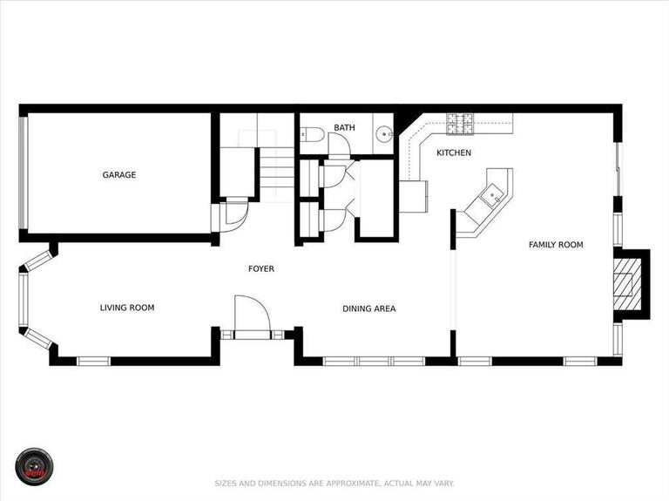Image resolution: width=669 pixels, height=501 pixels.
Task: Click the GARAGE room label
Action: [119, 175]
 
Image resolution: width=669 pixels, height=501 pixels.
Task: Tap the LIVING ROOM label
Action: [127, 308]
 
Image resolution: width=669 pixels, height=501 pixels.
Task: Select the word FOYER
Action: [261, 269]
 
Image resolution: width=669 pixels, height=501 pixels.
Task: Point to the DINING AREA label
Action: [368, 308]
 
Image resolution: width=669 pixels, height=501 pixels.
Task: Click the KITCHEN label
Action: [454, 153]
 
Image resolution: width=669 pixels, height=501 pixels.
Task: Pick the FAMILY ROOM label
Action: [556, 245]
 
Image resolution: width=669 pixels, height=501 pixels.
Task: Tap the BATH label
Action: [344, 128]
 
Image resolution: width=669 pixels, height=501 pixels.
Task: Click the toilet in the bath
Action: [313, 134]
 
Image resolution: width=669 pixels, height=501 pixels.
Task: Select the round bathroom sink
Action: [384, 134]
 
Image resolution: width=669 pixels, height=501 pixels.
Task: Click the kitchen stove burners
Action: [460, 124]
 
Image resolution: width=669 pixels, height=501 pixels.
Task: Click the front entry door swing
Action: [252, 314]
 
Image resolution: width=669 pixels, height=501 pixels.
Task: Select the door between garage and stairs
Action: [233, 214]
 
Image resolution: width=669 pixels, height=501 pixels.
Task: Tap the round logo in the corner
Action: [34, 467]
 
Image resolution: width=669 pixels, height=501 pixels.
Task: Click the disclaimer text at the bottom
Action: [334, 483]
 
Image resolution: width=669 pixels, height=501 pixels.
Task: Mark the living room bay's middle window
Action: [24, 299]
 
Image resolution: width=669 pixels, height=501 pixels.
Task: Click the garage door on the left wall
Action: [24, 173]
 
